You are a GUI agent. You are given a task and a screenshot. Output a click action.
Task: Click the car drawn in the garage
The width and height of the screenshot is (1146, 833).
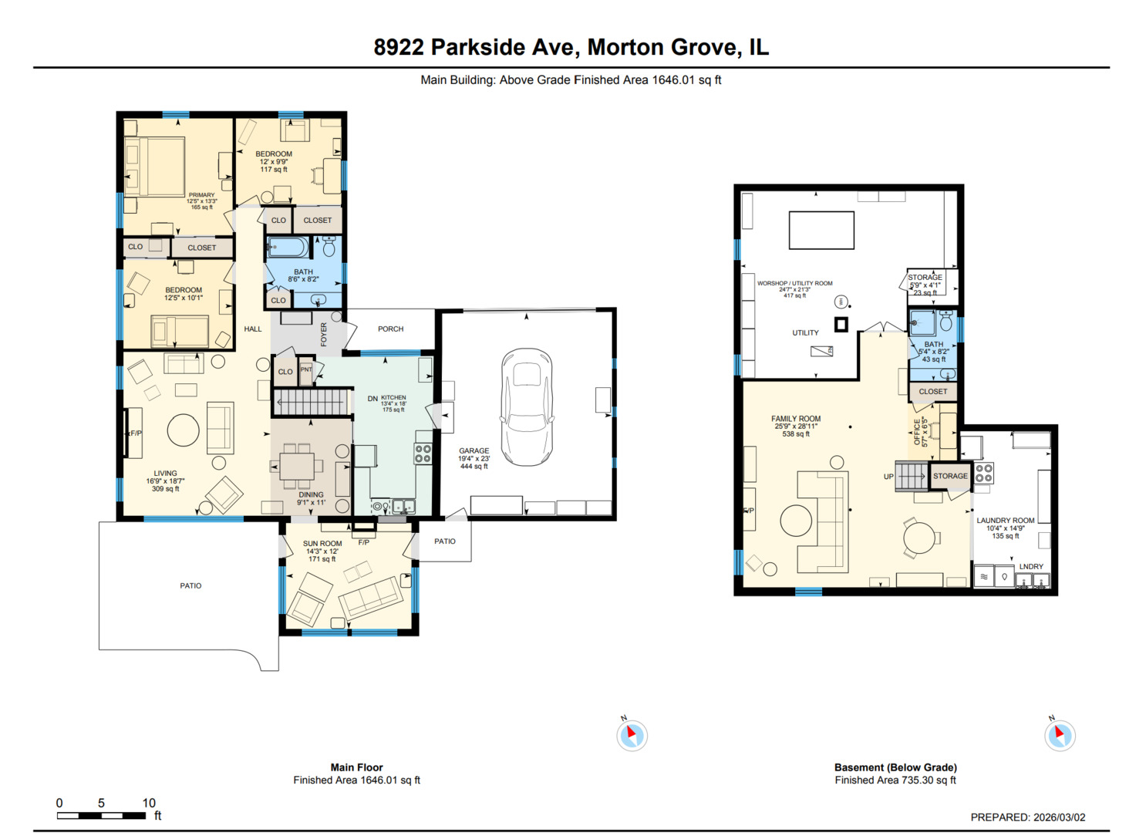point(527,407)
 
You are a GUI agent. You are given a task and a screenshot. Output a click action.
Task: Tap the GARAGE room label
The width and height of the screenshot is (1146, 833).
point(474,451)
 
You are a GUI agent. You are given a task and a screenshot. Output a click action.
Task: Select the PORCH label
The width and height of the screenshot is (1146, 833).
point(390,329)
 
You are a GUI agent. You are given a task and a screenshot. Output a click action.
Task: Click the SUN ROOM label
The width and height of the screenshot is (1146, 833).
point(322,544)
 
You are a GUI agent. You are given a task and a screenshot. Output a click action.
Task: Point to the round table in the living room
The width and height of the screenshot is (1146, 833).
point(184,430)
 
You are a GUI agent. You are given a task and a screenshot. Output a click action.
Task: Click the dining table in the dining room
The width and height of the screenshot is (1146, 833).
point(297,467)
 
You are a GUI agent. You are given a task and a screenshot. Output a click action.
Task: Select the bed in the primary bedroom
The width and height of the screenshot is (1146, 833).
point(155,167)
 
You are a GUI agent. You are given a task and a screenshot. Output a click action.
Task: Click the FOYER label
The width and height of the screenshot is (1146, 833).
point(324,334)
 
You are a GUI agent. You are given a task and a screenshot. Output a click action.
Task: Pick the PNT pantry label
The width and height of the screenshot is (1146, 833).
point(306,370)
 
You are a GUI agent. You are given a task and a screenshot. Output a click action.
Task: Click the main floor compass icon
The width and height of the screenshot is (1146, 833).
point(632,735)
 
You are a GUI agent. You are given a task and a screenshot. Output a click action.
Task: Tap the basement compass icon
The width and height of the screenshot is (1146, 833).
point(1060,735)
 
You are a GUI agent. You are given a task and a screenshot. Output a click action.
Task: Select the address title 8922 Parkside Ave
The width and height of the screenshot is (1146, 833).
point(571,48)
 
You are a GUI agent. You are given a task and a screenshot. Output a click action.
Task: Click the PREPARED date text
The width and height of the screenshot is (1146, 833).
point(1027,818)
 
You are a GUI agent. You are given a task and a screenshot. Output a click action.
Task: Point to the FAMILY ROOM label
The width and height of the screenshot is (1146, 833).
point(796,419)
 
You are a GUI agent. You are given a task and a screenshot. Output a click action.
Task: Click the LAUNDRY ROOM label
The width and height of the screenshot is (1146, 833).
point(1006,521)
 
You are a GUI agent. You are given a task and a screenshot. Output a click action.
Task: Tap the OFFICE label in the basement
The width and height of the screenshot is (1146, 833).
point(917,432)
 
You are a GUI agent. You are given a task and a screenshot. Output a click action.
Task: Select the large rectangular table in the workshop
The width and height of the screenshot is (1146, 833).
point(821,230)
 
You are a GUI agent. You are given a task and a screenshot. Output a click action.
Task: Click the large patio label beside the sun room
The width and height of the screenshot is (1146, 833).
point(190,586)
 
